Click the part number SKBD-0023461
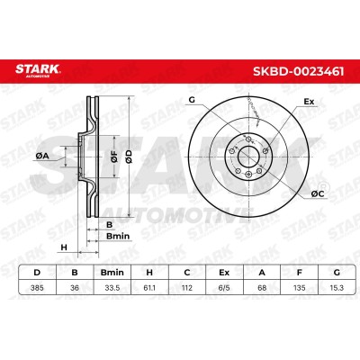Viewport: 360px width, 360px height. [299, 71]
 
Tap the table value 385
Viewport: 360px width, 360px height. [37, 288]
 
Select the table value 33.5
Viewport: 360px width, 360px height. [112, 288]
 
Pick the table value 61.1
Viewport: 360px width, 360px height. [149, 288]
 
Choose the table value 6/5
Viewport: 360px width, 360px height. [224, 288]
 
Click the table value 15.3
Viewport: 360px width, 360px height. [337, 288]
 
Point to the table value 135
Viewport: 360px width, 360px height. [300, 288]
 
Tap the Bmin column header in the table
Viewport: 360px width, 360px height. [112, 273]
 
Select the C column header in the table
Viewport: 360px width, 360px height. [187, 273]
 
